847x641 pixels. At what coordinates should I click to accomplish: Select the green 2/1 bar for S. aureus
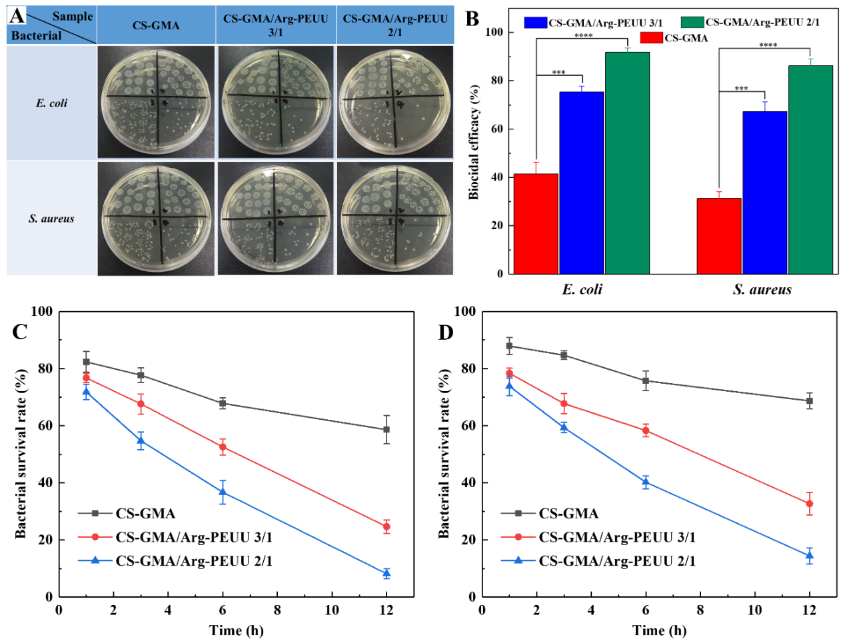[x=810, y=169]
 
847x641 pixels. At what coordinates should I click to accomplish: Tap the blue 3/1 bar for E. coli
[x=581, y=183]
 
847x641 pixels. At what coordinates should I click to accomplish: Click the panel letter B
[x=472, y=19]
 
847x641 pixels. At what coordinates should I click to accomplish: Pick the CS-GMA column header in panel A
[x=156, y=25]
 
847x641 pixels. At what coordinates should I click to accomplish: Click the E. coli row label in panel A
[x=51, y=103]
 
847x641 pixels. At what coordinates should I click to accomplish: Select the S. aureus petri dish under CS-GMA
[x=156, y=219]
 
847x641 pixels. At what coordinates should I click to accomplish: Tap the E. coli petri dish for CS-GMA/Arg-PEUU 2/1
[x=395, y=102]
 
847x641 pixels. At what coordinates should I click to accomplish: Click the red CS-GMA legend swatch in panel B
[x=650, y=38]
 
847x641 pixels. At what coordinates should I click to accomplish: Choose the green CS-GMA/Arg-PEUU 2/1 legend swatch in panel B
[x=692, y=22]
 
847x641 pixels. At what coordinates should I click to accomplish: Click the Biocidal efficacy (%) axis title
[x=474, y=142]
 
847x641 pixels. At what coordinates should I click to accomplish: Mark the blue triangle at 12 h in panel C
[x=386, y=573]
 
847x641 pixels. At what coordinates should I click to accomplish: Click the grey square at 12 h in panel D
[x=810, y=401]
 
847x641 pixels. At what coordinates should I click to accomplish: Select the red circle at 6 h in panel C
[x=223, y=447]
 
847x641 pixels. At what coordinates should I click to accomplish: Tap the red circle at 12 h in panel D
[x=810, y=504]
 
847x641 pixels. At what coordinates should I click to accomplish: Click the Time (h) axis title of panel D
[x=659, y=630]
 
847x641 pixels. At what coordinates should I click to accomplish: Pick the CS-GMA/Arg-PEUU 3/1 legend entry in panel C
[x=193, y=537]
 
